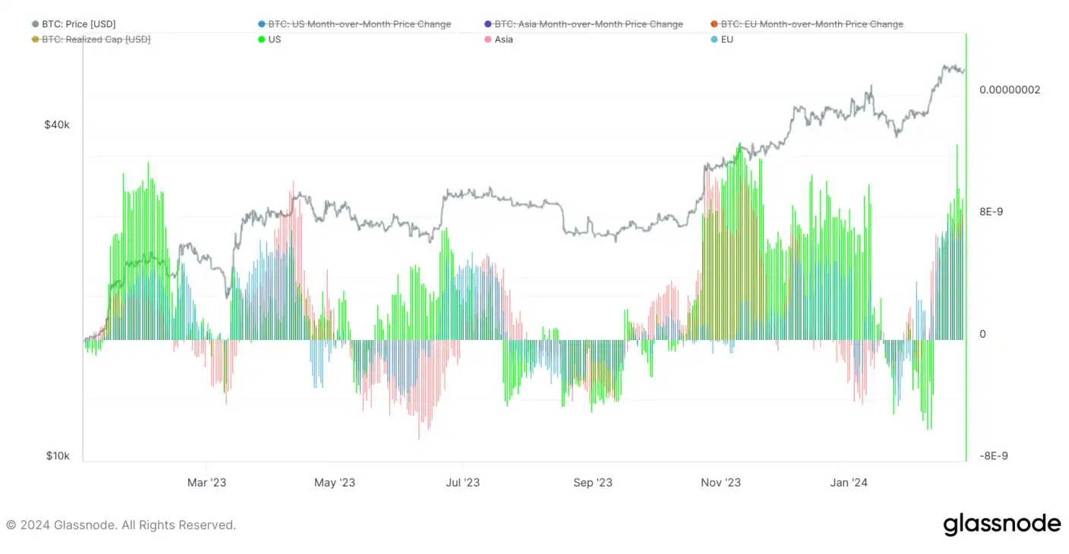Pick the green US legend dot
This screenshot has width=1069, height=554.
(x=261, y=39)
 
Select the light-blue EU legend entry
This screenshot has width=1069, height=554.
(x=726, y=39)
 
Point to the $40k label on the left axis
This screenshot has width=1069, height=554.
(x=57, y=124)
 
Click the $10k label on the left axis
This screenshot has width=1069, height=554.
(x=58, y=456)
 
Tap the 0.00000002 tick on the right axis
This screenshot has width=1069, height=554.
(x=1010, y=90)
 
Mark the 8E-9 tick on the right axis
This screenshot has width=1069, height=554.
(x=991, y=212)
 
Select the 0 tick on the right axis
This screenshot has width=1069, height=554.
(x=982, y=334)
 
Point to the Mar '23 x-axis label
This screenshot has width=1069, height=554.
(x=207, y=483)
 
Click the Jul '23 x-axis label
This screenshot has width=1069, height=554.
(x=462, y=483)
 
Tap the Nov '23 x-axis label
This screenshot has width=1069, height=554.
(x=721, y=483)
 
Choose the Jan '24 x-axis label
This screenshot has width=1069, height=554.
(x=849, y=483)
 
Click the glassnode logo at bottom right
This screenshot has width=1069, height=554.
(x=1001, y=524)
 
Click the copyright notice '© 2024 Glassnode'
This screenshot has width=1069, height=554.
(x=121, y=525)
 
